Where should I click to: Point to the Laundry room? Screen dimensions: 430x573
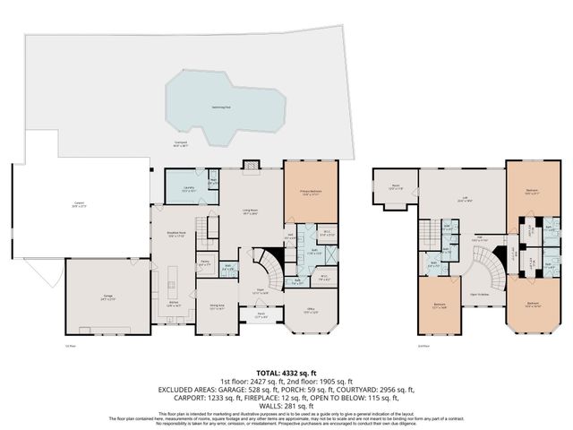click(189, 190)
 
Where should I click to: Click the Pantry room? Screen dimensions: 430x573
click(205, 262)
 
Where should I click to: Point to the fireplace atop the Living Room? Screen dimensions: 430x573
click(252, 166)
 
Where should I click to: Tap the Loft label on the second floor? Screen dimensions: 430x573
click(465, 201)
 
